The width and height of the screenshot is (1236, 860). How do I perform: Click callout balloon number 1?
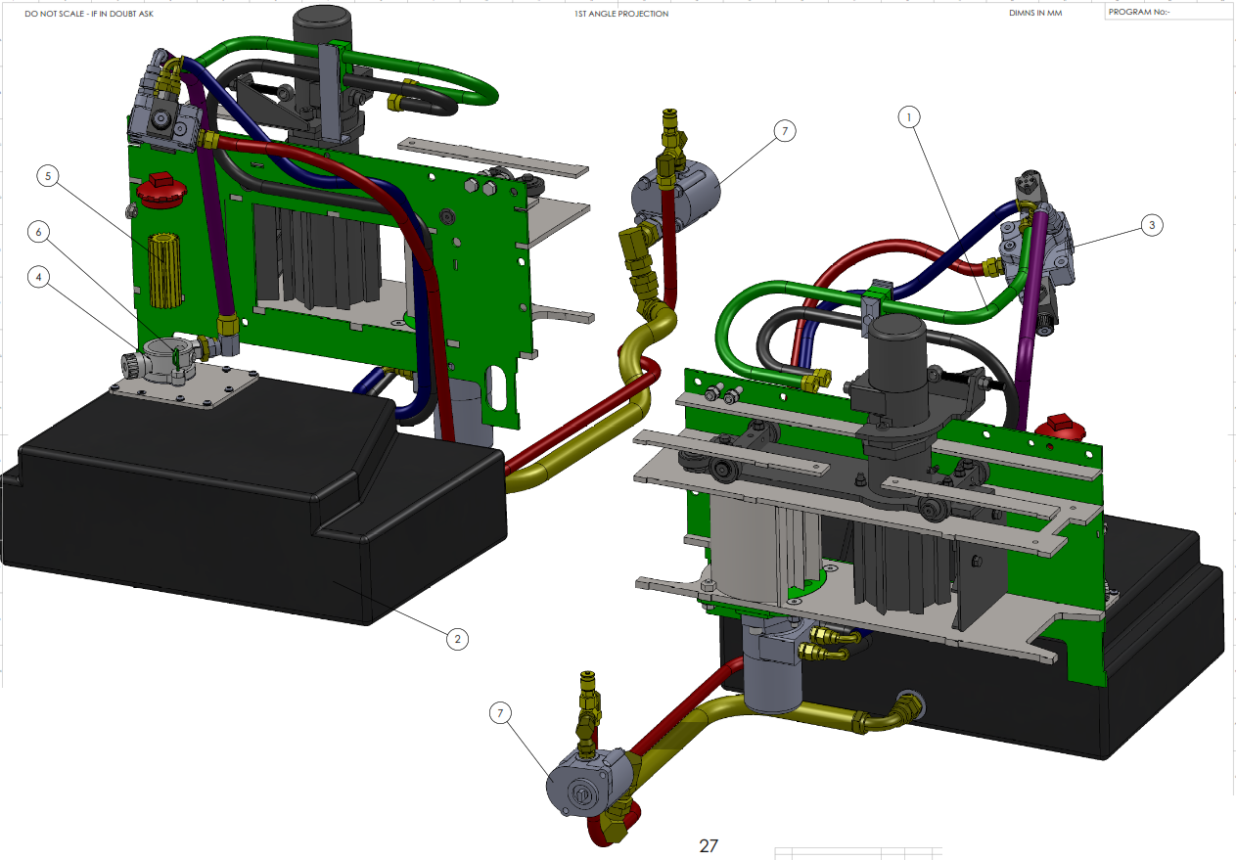coord(909,117)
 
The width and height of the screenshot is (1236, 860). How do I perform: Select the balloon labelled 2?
coord(457,639)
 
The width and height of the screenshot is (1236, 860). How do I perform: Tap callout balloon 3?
coord(1152,225)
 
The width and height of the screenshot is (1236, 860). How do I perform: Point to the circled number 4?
coord(38,277)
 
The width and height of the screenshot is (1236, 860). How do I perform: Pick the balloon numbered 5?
coord(48,176)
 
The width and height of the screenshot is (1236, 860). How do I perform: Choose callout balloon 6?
coord(38,232)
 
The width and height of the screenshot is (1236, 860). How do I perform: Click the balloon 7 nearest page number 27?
coord(500,712)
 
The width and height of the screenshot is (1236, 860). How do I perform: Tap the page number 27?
coord(708,845)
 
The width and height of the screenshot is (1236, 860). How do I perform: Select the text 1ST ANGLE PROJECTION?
coord(621,14)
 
